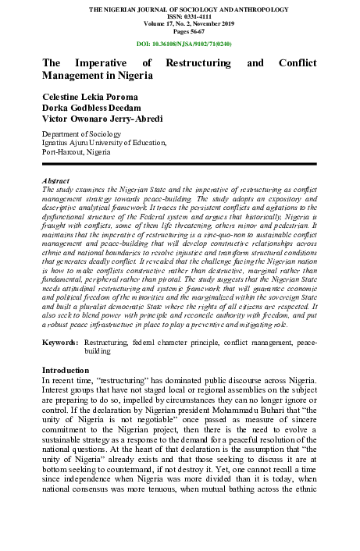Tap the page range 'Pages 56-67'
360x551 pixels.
pos(180,32)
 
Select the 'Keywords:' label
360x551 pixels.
pos(60,343)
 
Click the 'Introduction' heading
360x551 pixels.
pos(66,370)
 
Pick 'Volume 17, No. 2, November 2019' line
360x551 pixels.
pos(180,25)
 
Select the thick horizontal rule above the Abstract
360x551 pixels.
pos(180,164)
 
